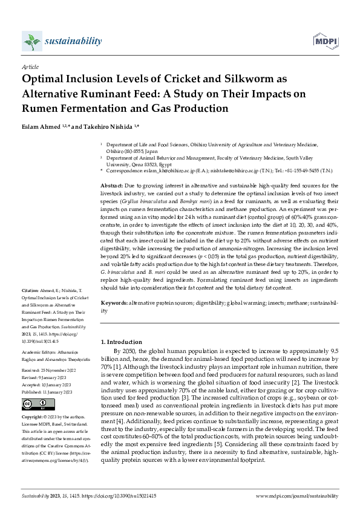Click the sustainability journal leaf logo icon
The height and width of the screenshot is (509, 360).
point(31,41)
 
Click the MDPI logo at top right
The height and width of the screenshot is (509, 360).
point(324,42)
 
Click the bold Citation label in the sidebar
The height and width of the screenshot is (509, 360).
point(30,290)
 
